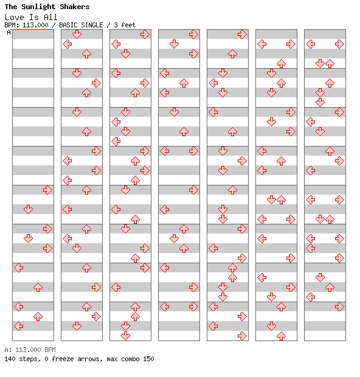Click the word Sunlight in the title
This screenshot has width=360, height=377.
pos(38,7)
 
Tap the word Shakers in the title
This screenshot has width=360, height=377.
pos(75,7)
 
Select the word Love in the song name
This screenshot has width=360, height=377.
pos(15,17)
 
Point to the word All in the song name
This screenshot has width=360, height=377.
pos(50,17)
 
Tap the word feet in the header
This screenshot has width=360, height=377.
pos(128,25)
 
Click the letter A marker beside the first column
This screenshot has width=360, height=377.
pos(9,32)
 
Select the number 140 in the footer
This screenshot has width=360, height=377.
pos(10,359)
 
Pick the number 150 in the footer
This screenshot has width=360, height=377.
pos(148,359)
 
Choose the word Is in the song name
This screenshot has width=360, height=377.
pos(34,17)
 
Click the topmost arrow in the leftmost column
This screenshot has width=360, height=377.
pos(47,190)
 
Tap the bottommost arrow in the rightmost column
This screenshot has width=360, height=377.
pos(339,306)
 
